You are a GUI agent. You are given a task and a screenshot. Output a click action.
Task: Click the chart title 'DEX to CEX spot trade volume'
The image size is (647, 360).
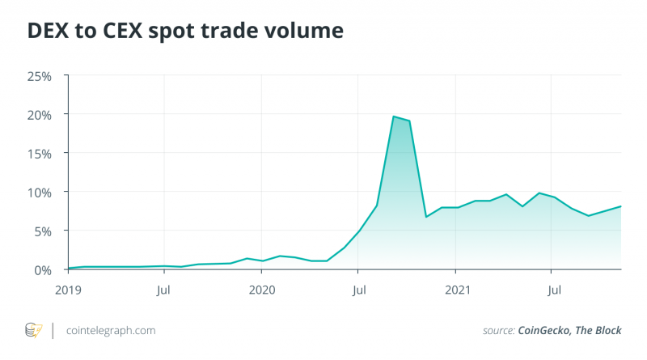click(185, 31)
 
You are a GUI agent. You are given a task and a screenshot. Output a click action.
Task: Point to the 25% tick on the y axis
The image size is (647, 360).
click(40, 76)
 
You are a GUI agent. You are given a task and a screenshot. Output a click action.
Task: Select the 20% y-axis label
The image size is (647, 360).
click(40, 115)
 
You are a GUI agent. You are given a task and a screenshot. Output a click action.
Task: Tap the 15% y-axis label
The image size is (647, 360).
click(40, 154)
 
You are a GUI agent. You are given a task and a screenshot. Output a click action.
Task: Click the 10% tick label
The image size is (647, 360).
click(40, 193)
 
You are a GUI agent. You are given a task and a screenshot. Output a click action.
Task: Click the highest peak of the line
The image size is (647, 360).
click(393, 116)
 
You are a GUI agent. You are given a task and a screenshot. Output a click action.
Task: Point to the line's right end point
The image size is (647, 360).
click(620, 206)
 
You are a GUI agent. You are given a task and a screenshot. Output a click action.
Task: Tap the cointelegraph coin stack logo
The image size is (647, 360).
click(33, 330)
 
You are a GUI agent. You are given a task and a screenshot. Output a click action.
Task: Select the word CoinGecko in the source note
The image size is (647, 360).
click(548, 331)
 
